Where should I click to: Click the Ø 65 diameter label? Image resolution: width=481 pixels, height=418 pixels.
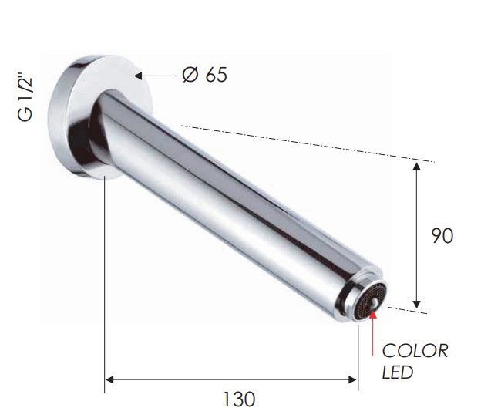pyautogui.click(x=204, y=74)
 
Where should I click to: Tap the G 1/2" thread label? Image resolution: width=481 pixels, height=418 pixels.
pyautogui.click(x=25, y=97)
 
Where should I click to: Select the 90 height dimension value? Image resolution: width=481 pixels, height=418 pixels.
pyautogui.click(x=442, y=236)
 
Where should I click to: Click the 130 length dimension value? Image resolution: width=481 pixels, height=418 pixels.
pyautogui.click(x=239, y=399)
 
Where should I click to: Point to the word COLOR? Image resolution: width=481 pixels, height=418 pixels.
pyautogui.click(x=415, y=351)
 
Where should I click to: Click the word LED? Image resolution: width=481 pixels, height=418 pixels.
pyautogui.click(x=397, y=372)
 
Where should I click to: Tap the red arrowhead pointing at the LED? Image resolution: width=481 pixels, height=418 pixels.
pyautogui.click(x=373, y=315)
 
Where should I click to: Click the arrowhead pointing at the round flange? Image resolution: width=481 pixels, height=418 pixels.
pyautogui.click(x=138, y=76)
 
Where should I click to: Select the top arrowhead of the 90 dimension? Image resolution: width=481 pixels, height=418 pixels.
pyautogui.click(x=416, y=167)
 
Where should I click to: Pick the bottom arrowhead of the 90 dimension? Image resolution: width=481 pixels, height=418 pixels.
pyautogui.click(x=416, y=304)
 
